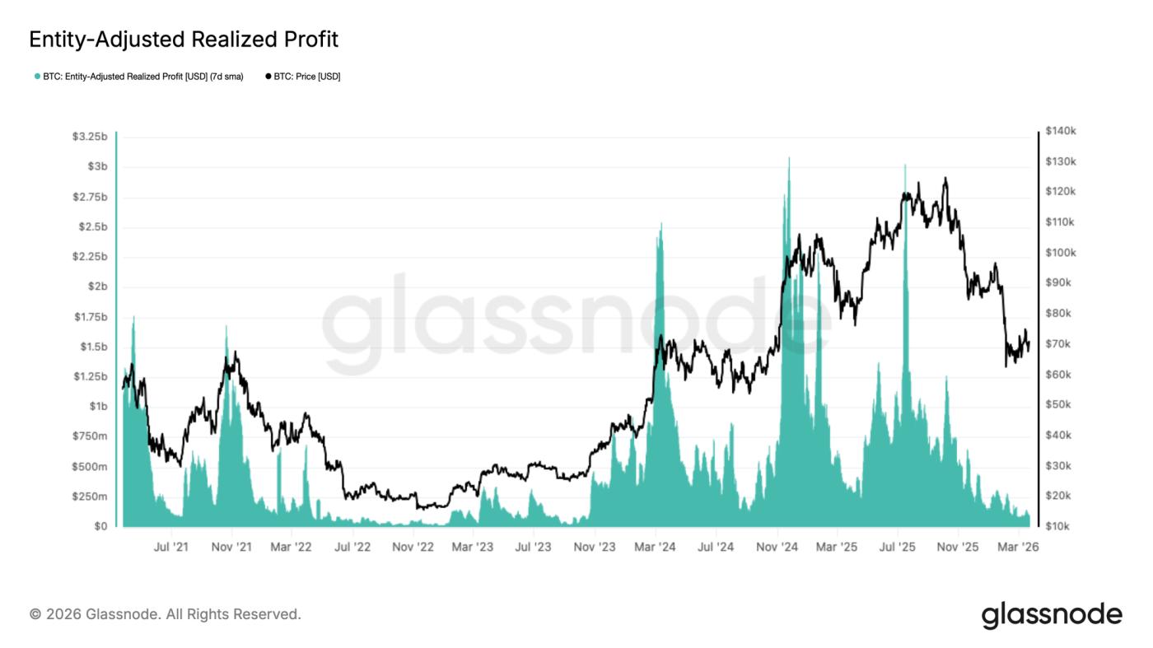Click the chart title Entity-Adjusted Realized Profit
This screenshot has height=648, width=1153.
[x=184, y=39]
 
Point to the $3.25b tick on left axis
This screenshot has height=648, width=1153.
[x=89, y=137]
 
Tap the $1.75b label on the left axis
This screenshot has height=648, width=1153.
[x=89, y=317]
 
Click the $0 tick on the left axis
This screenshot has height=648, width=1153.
[x=99, y=526]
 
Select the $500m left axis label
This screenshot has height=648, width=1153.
[x=91, y=467]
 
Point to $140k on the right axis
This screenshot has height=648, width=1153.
[x=1061, y=131]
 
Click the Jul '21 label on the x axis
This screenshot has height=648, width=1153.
[x=171, y=547]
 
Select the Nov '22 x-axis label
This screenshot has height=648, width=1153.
[x=413, y=547]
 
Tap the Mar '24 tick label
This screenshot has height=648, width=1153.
[x=656, y=547]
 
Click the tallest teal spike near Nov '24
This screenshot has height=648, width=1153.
[x=789, y=159]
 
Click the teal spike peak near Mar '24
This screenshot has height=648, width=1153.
[x=661, y=225]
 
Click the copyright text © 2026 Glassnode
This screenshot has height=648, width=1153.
[x=165, y=614]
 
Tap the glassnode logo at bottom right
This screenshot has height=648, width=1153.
[x=1052, y=615]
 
